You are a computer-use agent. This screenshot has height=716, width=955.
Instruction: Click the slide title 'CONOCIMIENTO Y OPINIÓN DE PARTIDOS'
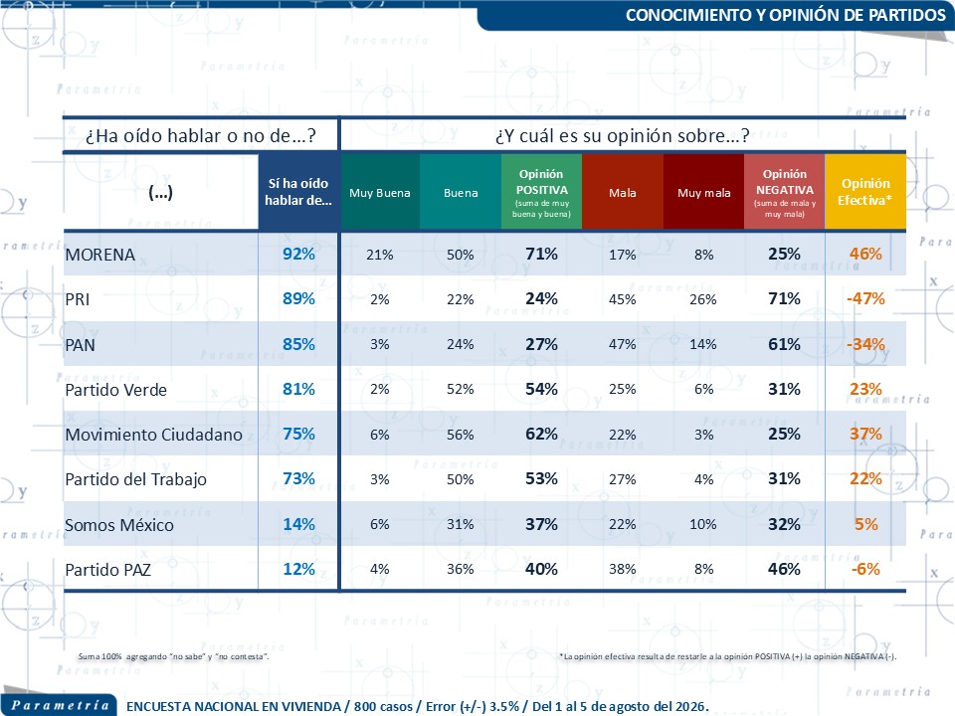(785, 15)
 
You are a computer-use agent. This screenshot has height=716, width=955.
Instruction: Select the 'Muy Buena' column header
(379, 193)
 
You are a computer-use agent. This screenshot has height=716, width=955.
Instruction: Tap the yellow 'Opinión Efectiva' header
(864, 192)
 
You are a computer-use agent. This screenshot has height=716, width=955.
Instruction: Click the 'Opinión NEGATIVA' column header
(785, 192)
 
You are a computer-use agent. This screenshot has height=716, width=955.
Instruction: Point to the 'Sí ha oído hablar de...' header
(298, 192)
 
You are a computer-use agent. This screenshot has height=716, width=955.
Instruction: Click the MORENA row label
(99, 255)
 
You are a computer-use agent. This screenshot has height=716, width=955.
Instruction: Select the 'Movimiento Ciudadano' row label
(153, 435)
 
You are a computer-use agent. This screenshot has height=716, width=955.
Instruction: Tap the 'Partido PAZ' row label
(107, 570)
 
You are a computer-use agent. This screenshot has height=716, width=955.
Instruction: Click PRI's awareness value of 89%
(298, 299)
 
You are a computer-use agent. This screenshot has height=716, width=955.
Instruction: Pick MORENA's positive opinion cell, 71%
(541, 254)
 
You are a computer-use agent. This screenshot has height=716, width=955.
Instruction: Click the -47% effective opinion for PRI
(865, 299)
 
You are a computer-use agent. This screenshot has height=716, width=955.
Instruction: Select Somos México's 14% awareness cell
(298, 524)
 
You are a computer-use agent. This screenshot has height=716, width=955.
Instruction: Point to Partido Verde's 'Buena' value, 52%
(460, 389)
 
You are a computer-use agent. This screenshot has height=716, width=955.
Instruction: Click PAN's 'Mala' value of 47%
(622, 344)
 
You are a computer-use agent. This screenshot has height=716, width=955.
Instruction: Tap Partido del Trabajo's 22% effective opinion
(865, 479)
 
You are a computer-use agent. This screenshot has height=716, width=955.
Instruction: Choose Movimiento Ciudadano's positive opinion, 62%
(541, 435)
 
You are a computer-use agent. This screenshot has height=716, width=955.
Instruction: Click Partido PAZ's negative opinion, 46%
(784, 569)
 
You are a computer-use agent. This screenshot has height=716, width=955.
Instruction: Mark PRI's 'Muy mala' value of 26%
(703, 299)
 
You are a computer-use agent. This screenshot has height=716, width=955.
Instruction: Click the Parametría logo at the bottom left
(60, 705)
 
